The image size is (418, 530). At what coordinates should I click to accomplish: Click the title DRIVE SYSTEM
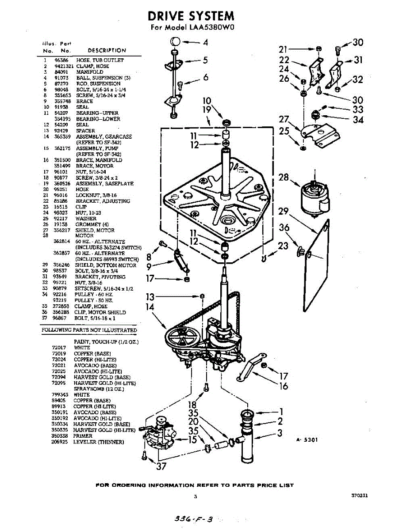pos(191,16)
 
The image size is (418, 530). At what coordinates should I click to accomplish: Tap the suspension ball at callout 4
pos(175,42)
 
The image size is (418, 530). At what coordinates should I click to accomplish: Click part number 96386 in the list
pos(61,60)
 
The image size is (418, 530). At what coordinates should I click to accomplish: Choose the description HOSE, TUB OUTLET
pos(100,60)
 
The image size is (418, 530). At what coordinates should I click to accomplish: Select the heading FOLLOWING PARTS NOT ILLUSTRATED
pos(89,330)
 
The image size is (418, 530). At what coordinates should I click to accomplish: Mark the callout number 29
pos(284,212)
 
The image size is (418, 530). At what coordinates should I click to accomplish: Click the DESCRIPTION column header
pos(107,50)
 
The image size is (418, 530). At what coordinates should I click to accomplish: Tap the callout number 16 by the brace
pos(284,386)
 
